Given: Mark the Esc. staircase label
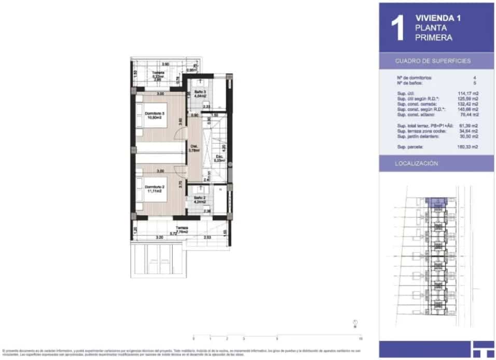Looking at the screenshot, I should tap(219, 158).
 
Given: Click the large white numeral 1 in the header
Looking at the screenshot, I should tap(397, 29).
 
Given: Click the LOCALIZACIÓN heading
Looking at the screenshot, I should tap(417, 163).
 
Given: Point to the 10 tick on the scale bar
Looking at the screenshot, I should tap(360, 338).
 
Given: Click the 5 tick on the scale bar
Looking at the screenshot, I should tap(277, 338).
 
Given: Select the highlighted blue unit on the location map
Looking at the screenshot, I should tap(436, 202).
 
